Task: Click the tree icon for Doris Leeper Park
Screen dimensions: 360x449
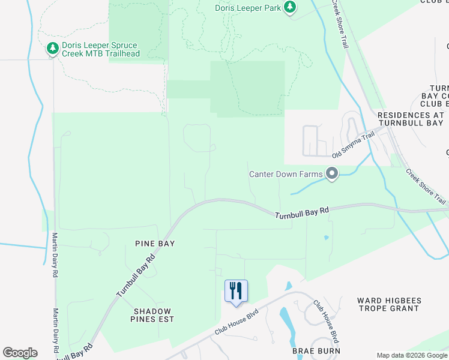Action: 291,7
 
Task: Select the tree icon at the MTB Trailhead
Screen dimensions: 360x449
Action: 52,48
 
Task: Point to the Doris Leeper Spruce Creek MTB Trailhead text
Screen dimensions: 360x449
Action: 101,49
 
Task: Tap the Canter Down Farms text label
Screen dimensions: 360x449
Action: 287,175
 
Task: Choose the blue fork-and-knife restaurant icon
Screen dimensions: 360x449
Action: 236,290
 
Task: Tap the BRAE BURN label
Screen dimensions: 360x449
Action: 316,350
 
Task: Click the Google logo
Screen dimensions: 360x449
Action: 20,352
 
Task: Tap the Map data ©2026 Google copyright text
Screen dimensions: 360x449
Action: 412,355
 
